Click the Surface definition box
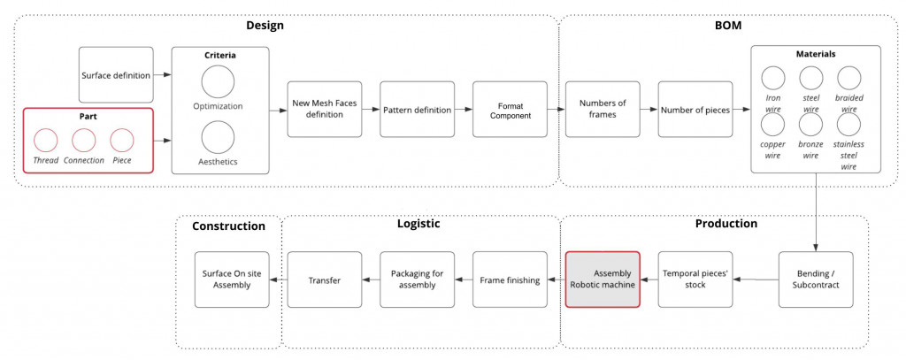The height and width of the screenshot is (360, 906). (116, 75)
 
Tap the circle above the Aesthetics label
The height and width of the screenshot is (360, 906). (218, 137)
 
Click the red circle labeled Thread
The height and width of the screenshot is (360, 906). (45, 140)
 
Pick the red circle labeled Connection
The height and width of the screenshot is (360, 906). (84, 140)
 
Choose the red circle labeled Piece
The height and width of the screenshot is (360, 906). (122, 140)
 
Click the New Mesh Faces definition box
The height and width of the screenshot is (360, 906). (325, 110)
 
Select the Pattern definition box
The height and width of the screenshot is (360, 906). (418, 110)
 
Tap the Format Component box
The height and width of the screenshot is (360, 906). (510, 110)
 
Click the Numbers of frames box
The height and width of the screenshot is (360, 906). (603, 110)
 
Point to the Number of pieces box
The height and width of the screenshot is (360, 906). (695, 110)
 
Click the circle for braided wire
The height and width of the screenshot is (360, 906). (849, 78)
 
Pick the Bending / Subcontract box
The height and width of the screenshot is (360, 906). (816, 280)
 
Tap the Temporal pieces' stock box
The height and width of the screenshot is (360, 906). (695, 280)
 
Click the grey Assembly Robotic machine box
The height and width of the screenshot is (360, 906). (603, 280)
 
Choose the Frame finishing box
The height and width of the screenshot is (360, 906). (510, 280)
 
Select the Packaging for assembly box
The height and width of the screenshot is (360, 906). (418, 280)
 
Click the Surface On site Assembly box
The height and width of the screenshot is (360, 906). (232, 280)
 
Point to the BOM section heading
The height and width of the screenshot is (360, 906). (727, 26)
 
